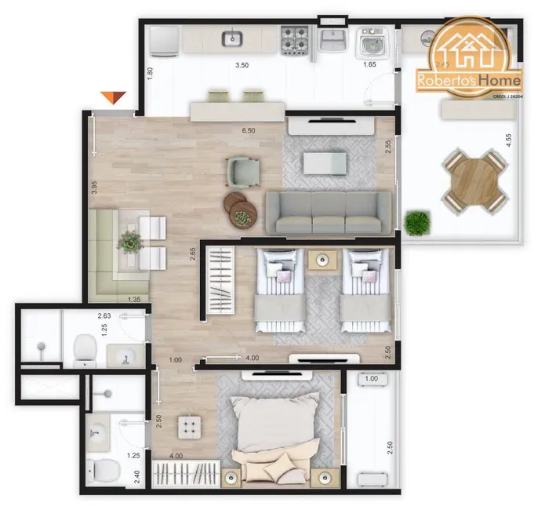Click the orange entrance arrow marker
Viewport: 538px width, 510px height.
114,97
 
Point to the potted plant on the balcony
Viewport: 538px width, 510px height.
417,223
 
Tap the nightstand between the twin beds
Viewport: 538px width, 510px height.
322,260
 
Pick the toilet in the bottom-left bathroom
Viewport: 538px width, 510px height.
103,472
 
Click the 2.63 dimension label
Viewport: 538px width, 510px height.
104,316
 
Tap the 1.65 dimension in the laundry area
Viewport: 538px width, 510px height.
369,65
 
